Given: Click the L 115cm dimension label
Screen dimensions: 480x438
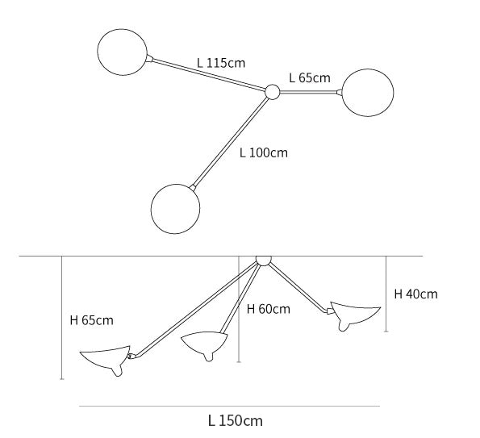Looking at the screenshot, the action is (x=221, y=63).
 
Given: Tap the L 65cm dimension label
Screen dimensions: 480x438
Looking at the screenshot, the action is (x=310, y=77).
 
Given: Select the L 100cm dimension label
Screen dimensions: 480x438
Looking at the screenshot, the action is (x=264, y=152).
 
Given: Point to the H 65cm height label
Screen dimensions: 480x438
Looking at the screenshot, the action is (x=91, y=320).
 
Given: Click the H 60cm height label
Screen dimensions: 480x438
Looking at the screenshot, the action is (x=268, y=309).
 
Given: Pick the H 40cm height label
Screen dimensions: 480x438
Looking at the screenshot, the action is (x=415, y=294).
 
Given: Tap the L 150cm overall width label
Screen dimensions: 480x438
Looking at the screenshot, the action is (x=235, y=420).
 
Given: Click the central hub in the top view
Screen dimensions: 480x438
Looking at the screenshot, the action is (x=272, y=92).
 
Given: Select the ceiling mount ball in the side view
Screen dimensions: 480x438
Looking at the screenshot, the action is (x=263, y=261).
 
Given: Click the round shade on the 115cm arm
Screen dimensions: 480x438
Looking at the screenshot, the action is (x=122, y=52).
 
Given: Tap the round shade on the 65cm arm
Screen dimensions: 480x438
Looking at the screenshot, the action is (x=367, y=93).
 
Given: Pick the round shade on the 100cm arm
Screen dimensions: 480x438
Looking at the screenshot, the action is (x=175, y=209).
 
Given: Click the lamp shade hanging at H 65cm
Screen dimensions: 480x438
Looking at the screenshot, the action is (x=106, y=358).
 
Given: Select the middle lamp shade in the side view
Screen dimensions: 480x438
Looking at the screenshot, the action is (x=204, y=343).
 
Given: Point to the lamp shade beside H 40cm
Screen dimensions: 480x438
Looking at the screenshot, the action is (x=355, y=315).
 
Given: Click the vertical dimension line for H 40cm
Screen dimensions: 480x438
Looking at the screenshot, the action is (x=386, y=294).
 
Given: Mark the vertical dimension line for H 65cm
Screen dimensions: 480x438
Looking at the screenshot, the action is (x=62, y=318).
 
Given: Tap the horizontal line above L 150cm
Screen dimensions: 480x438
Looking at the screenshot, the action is (x=229, y=407).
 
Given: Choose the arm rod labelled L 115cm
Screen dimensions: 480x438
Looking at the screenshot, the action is (x=209, y=74).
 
